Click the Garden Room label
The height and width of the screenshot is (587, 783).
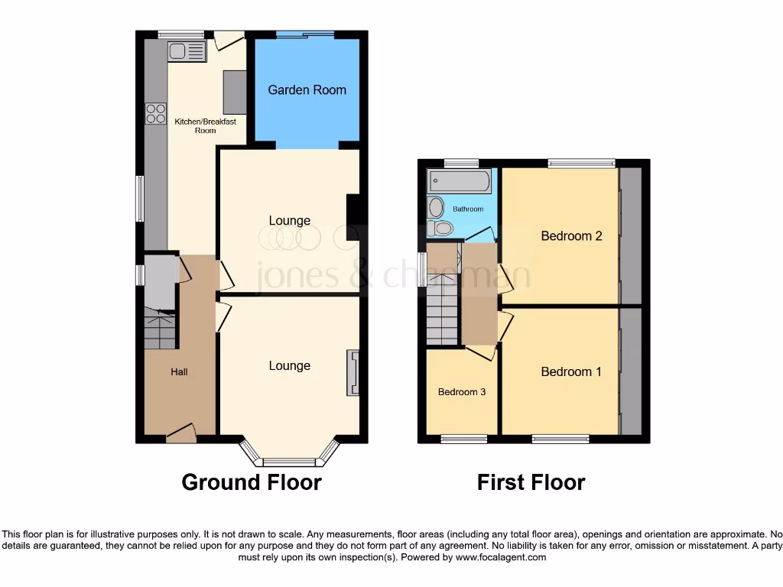(x=307, y=90)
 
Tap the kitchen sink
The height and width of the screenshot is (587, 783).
(x=187, y=52)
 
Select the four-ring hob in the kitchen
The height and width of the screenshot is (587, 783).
(x=156, y=113)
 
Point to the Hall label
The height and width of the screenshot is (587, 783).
(x=179, y=372)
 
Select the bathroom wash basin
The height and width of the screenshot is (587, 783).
(x=436, y=207)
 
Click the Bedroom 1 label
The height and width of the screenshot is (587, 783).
(x=571, y=372)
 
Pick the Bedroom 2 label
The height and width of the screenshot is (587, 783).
(x=571, y=236)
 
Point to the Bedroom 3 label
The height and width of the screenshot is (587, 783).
(x=462, y=392)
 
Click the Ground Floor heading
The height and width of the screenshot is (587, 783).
(x=252, y=482)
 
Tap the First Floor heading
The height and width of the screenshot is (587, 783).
(x=531, y=482)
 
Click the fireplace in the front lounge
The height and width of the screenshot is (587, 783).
(x=353, y=373)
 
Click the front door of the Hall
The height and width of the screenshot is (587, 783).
(x=180, y=435)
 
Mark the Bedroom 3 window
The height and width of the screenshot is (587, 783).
(x=461, y=439)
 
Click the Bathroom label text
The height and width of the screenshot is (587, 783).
(x=468, y=209)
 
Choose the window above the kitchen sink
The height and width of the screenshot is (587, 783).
(x=181, y=34)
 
